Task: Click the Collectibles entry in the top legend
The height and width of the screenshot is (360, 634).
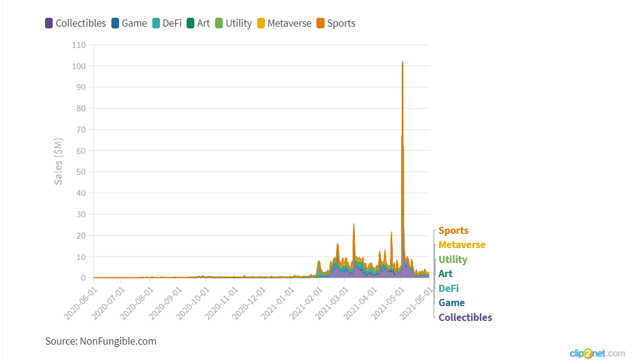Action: [x=75, y=24]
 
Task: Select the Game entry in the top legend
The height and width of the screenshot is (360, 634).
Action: [x=129, y=24]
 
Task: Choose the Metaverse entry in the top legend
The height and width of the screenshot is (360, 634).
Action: [x=283, y=24]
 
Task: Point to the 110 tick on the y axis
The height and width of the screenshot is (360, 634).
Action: [x=79, y=45]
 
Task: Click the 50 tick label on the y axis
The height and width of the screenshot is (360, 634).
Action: [x=81, y=172]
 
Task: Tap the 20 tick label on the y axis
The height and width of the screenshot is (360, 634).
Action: [x=81, y=236]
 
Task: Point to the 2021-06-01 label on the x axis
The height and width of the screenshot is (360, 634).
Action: [x=417, y=303]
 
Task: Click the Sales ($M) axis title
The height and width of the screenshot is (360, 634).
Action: [x=59, y=162]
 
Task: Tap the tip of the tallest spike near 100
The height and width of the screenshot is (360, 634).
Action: [x=402, y=62]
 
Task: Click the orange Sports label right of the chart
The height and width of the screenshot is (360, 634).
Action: [x=453, y=231]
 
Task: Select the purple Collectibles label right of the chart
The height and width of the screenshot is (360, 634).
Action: [x=465, y=317]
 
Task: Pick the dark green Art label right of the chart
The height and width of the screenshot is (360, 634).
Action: [x=446, y=274]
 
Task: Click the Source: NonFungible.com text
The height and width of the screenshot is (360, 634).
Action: [x=101, y=341]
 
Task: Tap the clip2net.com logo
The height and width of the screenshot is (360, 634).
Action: [x=597, y=353]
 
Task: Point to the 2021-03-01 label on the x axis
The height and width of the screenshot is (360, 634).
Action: [x=334, y=303]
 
